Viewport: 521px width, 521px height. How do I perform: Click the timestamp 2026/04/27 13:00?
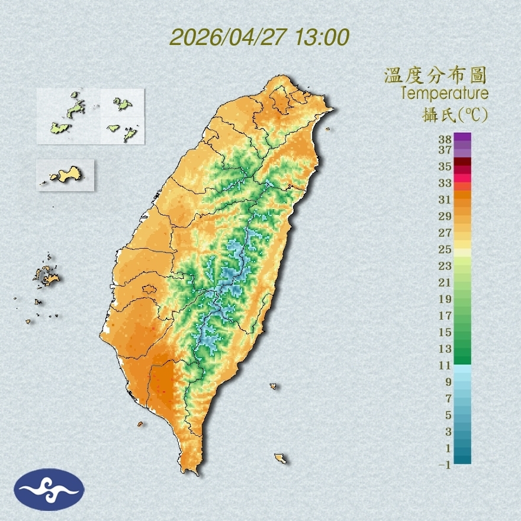click(x=259, y=37)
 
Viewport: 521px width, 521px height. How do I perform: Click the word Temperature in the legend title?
click(x=444, y=94)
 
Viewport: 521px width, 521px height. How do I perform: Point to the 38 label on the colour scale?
click(x=445, y=139)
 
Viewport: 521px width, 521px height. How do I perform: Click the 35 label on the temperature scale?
click(x=445, y=166)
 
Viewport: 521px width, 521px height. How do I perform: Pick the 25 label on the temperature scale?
click(x=445, y=249)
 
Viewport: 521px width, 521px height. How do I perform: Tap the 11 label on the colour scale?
click(x=445, y=365)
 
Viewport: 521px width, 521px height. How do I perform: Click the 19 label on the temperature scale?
click(x=445, y=298)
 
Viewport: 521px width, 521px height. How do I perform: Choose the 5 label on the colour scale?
click(x=448, y=414)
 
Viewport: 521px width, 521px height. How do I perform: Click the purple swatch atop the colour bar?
click(x=462, y=137)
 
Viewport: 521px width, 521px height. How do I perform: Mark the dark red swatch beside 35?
click(x=462, y=162)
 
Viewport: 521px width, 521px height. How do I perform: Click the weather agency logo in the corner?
click(x=50, y=489)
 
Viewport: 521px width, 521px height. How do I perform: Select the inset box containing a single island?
click(x=65, y=175)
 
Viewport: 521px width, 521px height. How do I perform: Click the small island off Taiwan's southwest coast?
click(x=140, y=424)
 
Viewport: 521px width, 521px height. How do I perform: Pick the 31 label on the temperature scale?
click(x=445, y=199)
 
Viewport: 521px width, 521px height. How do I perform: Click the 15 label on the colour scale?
click(x=445, y=332)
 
